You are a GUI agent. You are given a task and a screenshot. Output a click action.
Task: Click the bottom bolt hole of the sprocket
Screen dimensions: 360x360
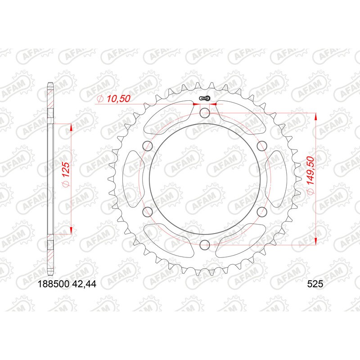coord(205,244)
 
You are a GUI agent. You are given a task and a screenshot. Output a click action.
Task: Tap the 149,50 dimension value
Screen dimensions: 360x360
coord(310,178)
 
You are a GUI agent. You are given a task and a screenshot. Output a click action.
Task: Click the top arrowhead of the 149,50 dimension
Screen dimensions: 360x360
coord(316,117)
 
